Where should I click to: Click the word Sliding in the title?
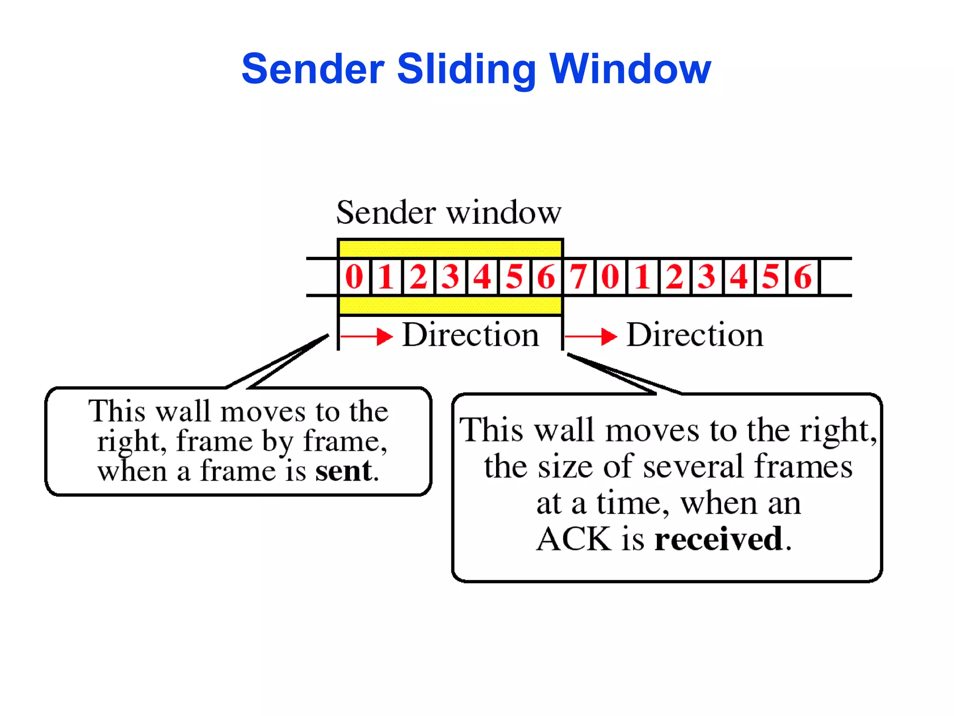pos(466,70)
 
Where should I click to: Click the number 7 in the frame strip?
pos(579,276)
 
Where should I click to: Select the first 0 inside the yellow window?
pos(354,276)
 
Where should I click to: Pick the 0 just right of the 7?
pos(610,276)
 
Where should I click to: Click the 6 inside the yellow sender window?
pos(546,276)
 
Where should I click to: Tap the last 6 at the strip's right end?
pos(803,276)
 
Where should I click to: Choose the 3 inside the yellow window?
pos(450,276)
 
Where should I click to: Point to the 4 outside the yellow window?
pos(739,276)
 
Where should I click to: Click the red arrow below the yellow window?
pos(367,336)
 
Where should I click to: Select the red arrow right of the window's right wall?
pos(591,336)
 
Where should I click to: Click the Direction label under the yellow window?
pos(470,335)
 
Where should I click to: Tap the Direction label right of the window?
pos(695,335)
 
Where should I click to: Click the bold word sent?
pos(344,471)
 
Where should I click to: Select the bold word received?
pos(719,539)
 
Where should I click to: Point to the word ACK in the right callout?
pos(574,539)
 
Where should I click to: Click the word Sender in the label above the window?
pos(386,213)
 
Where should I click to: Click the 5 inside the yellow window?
pos(514,276)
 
